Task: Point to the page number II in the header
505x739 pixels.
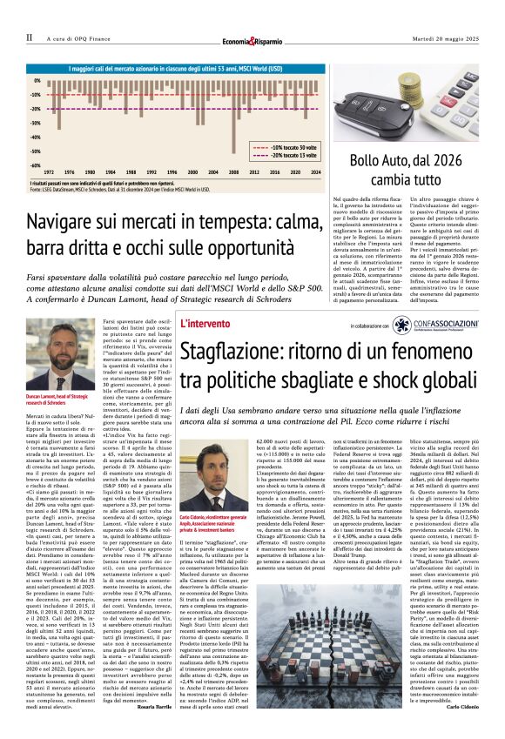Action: point(30,38)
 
